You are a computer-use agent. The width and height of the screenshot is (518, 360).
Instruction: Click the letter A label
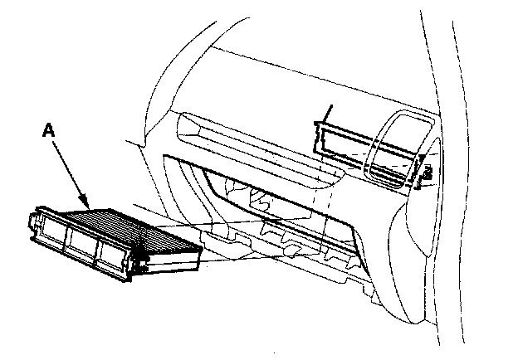(48, 131)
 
